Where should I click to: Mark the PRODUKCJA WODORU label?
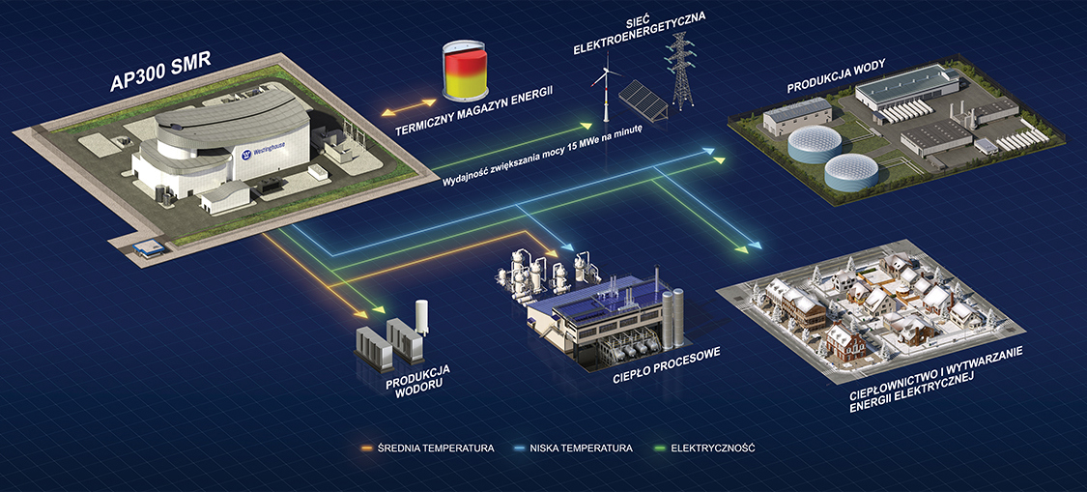[418, 382]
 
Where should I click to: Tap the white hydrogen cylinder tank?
[421, 316]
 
